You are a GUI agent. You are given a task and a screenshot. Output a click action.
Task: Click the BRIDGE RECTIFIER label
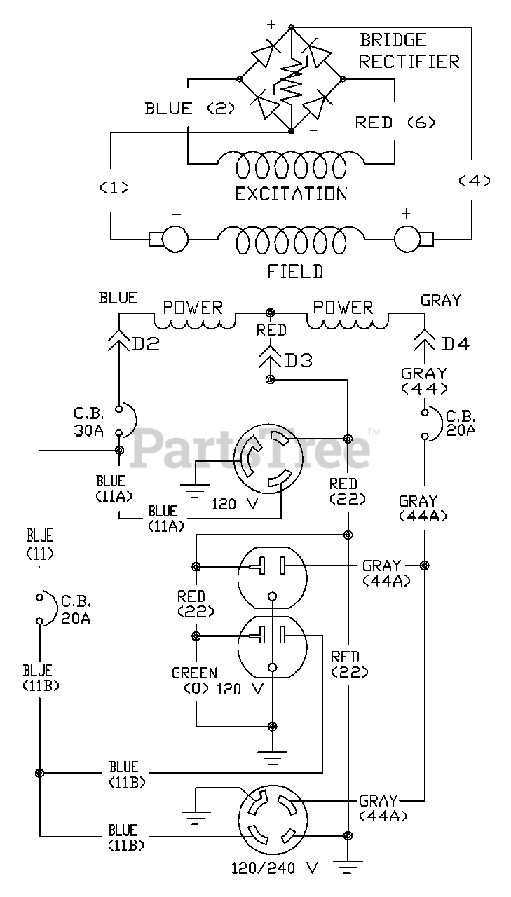click(x=409, y=51)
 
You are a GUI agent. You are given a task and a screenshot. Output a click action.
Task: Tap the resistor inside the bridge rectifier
click(x=291, y=82)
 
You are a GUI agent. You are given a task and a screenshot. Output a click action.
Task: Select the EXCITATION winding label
click(x=291, y=194)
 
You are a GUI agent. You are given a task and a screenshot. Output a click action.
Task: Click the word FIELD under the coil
click(x=295, y=271)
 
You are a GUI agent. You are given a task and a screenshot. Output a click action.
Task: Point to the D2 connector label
click(x=146, y=344)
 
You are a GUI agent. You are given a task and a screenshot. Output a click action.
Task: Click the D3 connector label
click(x=299, y=360)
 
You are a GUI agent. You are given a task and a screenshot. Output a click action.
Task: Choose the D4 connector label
click(x=456, y=344)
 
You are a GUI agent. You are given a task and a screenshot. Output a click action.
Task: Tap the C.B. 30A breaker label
click(x=88, y=422)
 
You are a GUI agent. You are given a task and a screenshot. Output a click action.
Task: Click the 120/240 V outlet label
click(x=274, y=868)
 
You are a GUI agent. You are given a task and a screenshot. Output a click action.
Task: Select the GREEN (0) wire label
click(x=195, y=680)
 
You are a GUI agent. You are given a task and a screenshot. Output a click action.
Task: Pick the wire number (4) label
click(x=474, y=181)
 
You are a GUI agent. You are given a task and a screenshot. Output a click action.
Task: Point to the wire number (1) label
click(x=114, y=187)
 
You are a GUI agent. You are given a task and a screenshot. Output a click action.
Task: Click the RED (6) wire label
click(x=395, y=122)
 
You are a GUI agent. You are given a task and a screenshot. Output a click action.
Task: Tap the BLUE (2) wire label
click(x=189, y=109)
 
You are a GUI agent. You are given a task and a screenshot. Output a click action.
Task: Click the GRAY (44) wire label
click(x=424, y=381)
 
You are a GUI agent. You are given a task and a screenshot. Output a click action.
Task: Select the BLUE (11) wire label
click(x=40, y=545)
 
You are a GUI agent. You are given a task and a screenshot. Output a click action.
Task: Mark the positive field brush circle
click(x=408, y=239)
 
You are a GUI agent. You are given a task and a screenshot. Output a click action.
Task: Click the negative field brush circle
click(x=175, y=239)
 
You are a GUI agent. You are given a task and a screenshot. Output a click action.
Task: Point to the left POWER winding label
click(x=193, y=308)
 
